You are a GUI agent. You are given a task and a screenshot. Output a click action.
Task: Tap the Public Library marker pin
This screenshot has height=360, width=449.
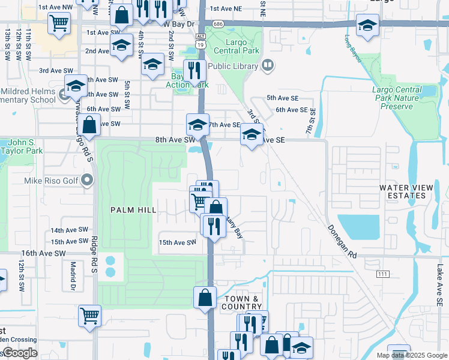point(268,65)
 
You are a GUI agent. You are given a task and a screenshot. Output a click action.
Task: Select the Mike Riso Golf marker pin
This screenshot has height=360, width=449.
point(88,179)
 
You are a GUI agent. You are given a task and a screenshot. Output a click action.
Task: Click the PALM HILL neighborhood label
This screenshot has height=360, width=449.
point(133,210)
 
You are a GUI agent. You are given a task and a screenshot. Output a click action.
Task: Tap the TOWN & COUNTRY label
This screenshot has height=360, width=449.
point(242,303)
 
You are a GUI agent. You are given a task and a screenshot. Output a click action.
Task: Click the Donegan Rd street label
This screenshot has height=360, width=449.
point(342,241)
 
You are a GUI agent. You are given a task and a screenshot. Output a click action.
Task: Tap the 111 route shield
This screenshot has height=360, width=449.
point(382,274)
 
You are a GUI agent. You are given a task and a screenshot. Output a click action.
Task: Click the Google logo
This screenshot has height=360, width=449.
point(20,353)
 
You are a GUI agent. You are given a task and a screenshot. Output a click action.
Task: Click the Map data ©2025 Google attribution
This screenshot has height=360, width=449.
point(411,355)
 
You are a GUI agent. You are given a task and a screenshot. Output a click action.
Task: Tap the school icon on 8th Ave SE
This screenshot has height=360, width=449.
point(252,134)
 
